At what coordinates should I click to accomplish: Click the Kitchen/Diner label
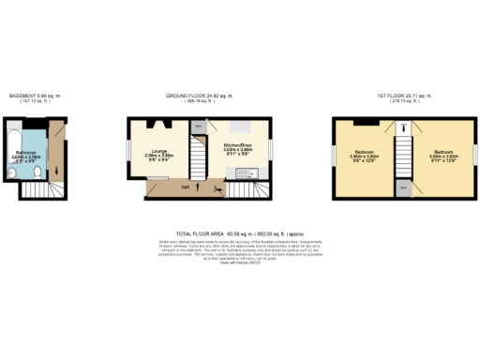coord(237,146)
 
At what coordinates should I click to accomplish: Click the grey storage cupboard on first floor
coord(403,187)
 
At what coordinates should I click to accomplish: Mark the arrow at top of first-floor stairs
coord(403,129)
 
